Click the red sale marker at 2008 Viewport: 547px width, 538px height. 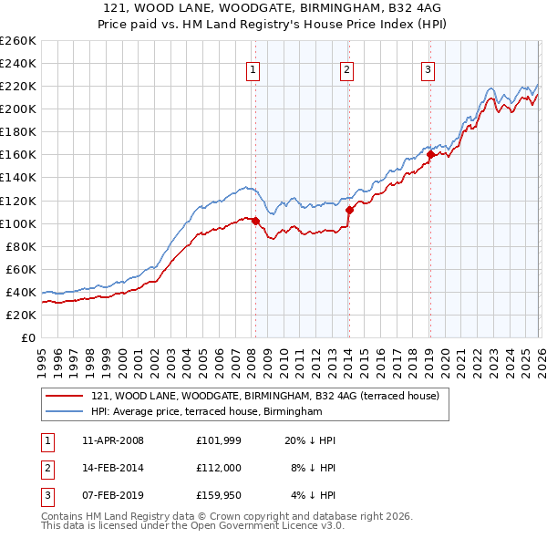tap(255, 221)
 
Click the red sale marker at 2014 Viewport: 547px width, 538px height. tap(349, 210)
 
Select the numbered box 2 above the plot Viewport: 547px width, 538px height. tap(347, 69)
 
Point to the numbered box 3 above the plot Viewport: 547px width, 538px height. tap(428, 69)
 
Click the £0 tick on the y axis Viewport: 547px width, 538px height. tap(30, 337)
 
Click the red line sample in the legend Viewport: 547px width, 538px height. tap(64, 397)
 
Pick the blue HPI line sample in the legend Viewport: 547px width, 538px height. tap(64, 412)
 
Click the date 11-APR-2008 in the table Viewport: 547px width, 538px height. tap(112, 440)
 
